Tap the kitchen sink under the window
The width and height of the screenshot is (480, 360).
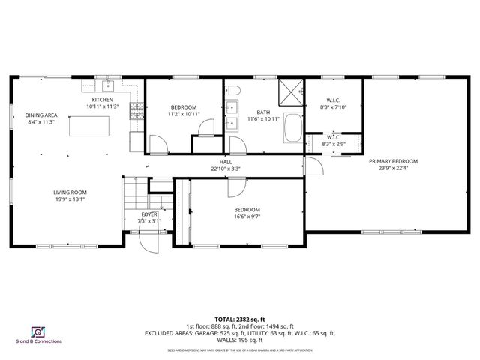click(x=107, y=84)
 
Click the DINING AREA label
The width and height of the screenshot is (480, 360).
click(x=40, y=114)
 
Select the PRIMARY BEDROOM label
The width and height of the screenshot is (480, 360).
click(x=393, y=161)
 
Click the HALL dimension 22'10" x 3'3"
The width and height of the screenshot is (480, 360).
click(x=226, y=168)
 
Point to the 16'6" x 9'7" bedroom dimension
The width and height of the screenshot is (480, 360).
click(x=247, y=217)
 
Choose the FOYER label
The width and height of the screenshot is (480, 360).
click(x=149, y=214)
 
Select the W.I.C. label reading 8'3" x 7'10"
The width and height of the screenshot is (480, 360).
click(x=334, y=107)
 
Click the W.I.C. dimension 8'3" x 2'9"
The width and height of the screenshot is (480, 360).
click(x=331, y=144)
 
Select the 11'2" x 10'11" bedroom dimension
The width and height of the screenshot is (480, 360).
click(x=183, y=114)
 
